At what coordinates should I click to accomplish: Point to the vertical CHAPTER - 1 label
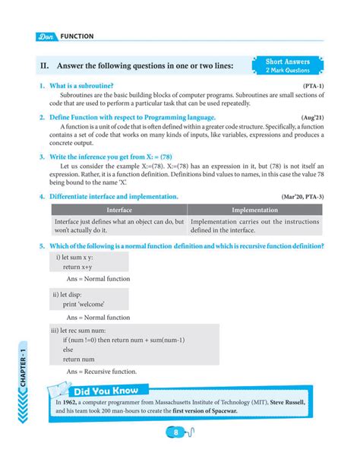tap(24, 362)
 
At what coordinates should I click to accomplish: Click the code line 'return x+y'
tap(88, 268)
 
